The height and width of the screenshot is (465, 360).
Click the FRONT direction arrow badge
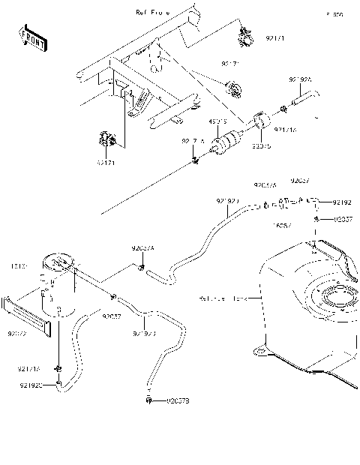31,38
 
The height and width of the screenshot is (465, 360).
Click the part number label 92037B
178,402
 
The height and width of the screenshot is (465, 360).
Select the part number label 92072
16,333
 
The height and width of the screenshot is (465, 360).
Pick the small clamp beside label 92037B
150,401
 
